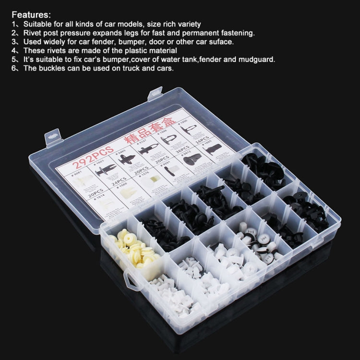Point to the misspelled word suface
[221, 42]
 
